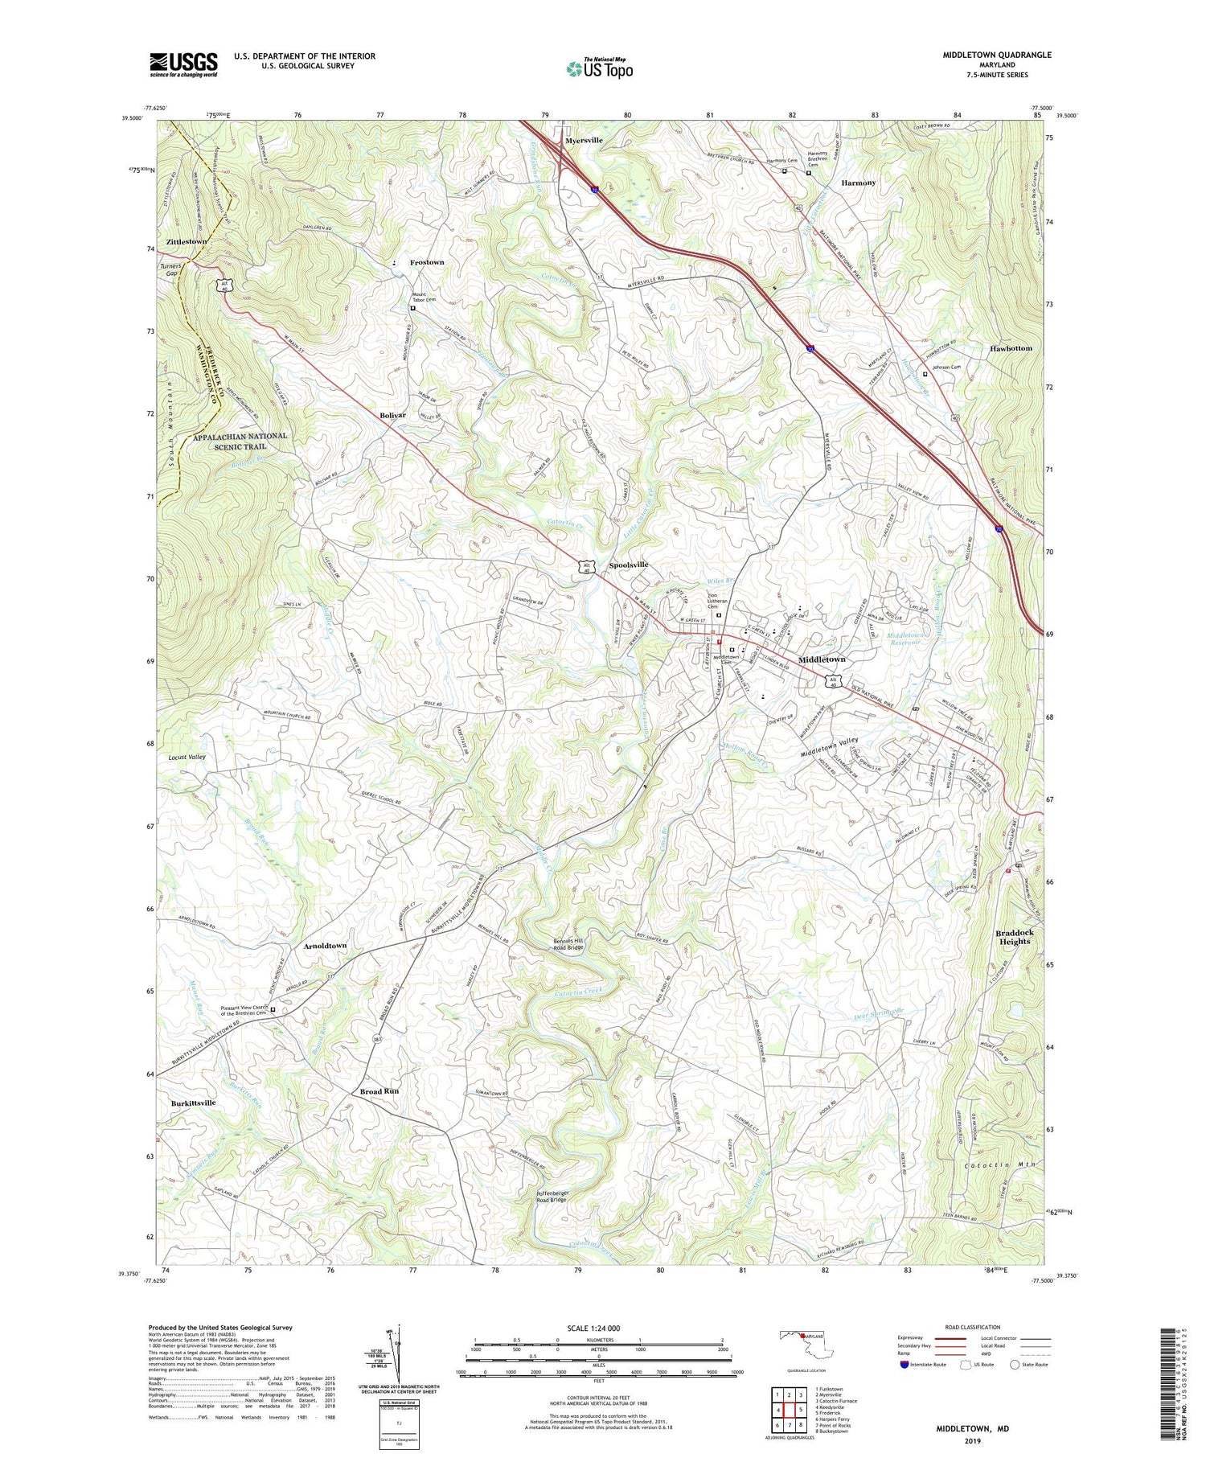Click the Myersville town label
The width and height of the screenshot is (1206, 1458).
point(584,141)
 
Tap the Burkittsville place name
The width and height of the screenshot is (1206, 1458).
point(193,1103)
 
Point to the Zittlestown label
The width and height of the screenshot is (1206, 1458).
point(187,241)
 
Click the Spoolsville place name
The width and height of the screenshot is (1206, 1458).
point(628,565)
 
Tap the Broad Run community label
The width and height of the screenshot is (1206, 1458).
point(379,1091)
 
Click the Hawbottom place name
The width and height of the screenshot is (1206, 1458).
point(1011,348)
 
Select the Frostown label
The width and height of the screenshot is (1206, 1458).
point(427,263)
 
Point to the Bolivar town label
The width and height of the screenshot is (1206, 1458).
point(392,415)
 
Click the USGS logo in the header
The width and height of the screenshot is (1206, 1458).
point(183,64)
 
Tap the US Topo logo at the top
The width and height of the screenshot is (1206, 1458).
point(600,68)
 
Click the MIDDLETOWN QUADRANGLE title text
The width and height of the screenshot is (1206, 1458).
point(997,55)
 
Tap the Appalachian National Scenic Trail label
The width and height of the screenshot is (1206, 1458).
point(240,441)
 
